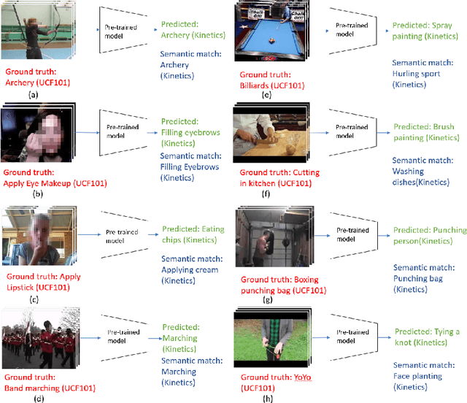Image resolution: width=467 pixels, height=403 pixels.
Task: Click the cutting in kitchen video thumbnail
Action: [267, 135]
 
